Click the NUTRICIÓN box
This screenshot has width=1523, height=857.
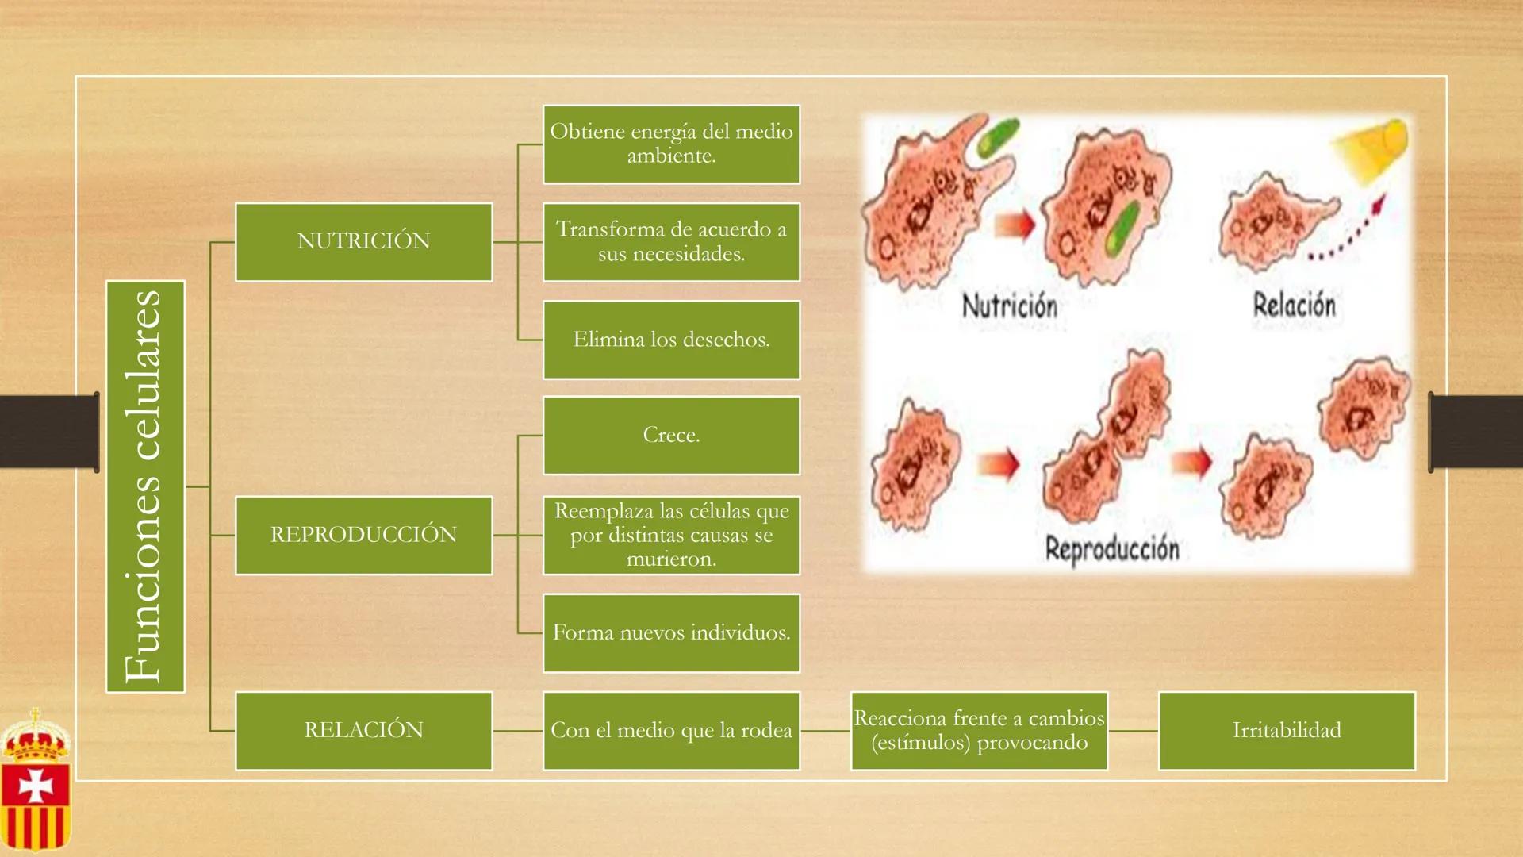(x=363, y=242)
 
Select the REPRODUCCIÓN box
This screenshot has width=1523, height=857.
(x=363, y=535)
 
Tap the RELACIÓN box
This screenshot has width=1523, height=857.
(x=363, y=730)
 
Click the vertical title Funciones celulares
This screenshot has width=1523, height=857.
(x=145, y=486)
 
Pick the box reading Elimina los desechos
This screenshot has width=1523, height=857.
(x=671, y=340)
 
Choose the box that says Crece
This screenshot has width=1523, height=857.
(x=671, y=435)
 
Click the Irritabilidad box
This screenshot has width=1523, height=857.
(x=1286, y=730)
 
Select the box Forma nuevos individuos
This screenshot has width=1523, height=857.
(x=671, y=632)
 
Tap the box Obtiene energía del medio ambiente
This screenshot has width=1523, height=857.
(x=671, y=144)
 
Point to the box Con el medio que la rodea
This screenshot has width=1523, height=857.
(x=671, y=730)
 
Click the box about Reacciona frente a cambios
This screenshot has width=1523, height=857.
(x=979, y=730)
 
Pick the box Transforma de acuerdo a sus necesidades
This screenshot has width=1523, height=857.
(x=671, y=242)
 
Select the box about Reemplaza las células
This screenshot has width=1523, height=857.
(x=671, y=535)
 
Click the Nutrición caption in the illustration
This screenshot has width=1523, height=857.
(x=1009, y=306)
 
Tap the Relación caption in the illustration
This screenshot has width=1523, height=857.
(x=1294, y=305)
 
